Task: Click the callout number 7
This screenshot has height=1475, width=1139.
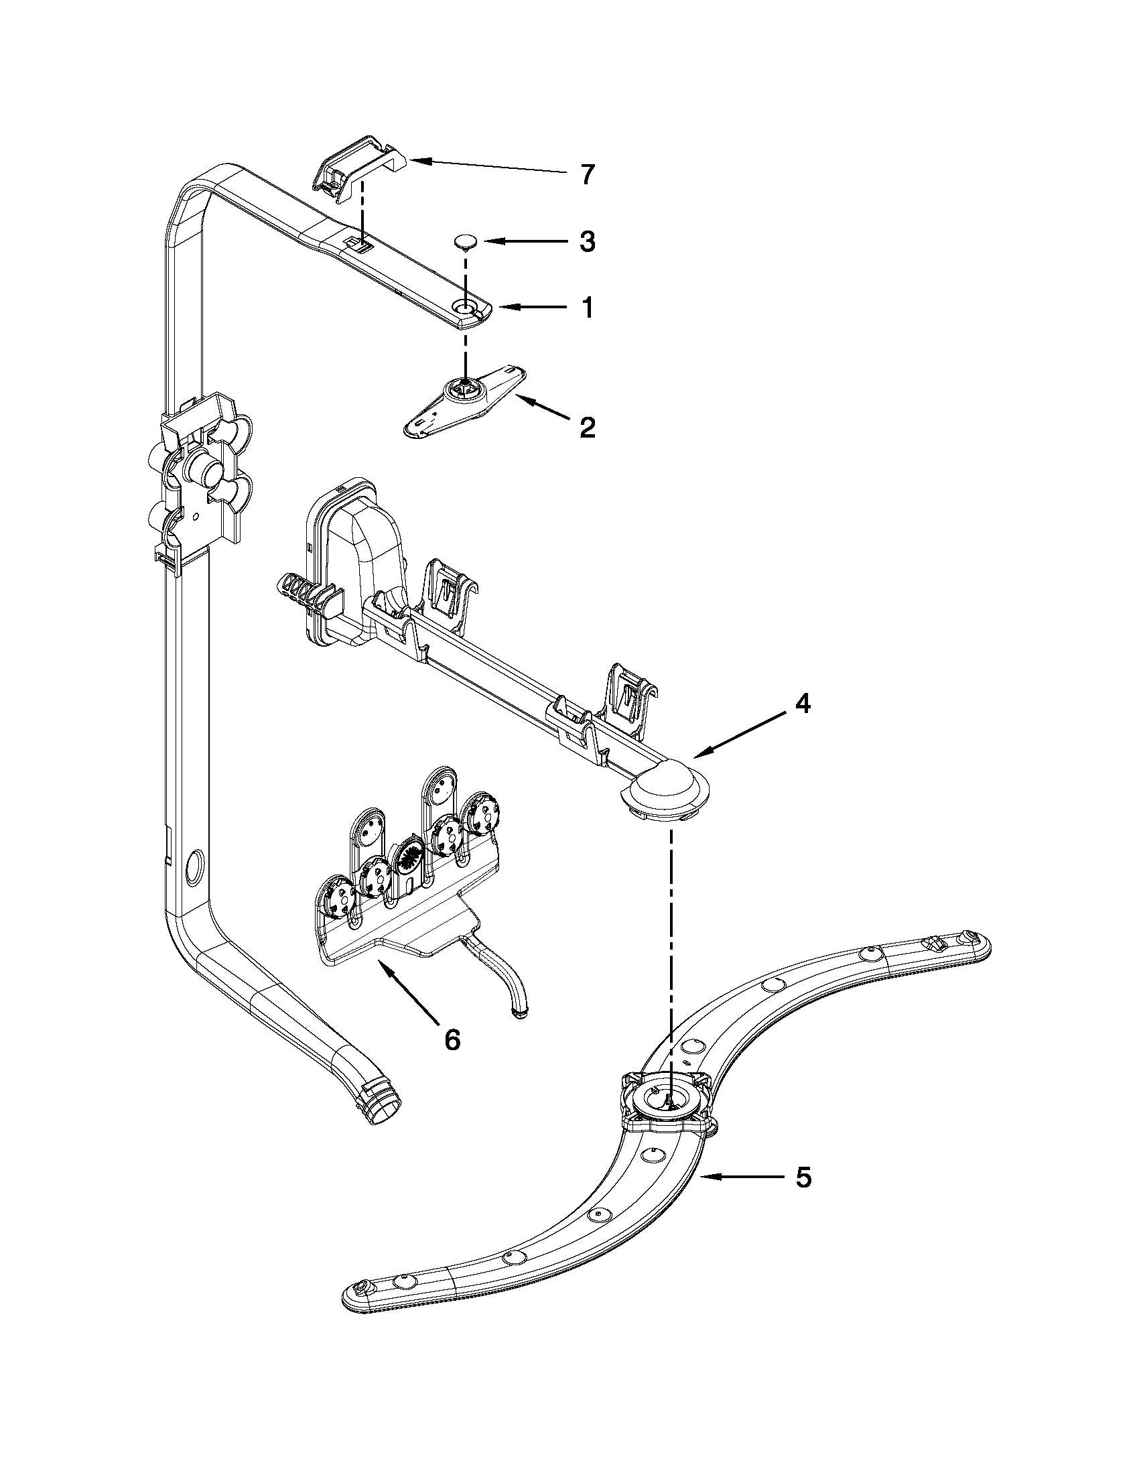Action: (x=588, y=175)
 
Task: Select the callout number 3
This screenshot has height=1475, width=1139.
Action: (x=588, y=241)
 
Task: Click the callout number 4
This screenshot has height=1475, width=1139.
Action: (x=802, y=704)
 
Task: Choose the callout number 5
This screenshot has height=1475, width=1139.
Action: (x=802, y=1177)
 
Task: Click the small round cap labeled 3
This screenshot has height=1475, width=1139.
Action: (x=464, y=241)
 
